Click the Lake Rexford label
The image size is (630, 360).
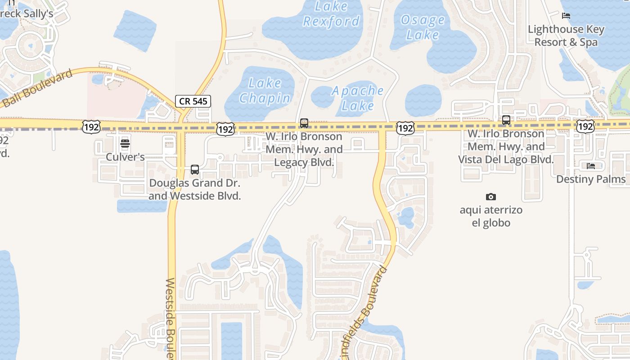click(332, 14)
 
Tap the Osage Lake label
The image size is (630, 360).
click(422, 27)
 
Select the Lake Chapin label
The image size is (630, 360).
click(265, 90)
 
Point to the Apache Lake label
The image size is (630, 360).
click(358, 98)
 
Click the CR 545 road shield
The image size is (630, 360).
click(193, 101)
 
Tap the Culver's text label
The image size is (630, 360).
click(125, 157)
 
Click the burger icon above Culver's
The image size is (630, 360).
click(125, 144)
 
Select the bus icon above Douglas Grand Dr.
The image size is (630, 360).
click(195, 170)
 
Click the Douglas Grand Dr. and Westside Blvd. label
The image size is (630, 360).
click(195, 189)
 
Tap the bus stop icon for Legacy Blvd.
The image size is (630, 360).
click(304, 123)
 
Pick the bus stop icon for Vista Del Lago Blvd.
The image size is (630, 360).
click(506, 120)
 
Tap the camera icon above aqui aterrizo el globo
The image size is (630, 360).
click(491, 197)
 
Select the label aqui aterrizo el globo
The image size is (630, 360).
click(491, 216)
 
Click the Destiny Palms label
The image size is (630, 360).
click(591, 179)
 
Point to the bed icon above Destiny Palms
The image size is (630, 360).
click(591, 166)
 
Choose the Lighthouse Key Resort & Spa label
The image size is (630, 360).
click(566, 36)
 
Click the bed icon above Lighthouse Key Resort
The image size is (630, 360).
click(566, 16)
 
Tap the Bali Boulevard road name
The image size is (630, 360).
click(37, 89)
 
